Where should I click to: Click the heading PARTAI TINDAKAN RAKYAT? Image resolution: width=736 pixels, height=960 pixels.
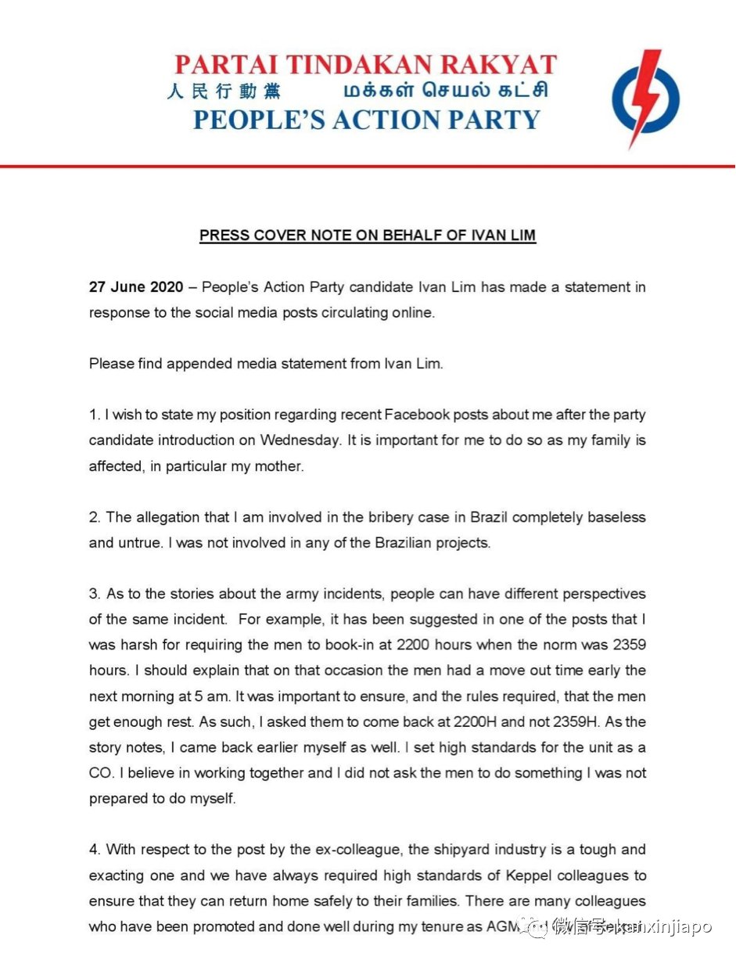pos(365,64)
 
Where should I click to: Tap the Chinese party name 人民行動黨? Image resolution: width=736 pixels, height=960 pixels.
pos(223,91)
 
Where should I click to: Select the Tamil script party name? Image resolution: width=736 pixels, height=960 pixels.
pos(445,91)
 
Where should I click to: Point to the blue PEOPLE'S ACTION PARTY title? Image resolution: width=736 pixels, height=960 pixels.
pos(366,120)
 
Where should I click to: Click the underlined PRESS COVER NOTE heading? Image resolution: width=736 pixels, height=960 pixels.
pos(368,236)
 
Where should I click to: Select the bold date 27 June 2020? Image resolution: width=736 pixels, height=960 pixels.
pos(136,287)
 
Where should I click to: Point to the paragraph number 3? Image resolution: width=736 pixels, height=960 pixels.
pos(93,594)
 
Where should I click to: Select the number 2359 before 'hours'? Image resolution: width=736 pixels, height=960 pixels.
pos(618,645)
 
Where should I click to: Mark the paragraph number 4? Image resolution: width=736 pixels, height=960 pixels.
pos(93,850)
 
